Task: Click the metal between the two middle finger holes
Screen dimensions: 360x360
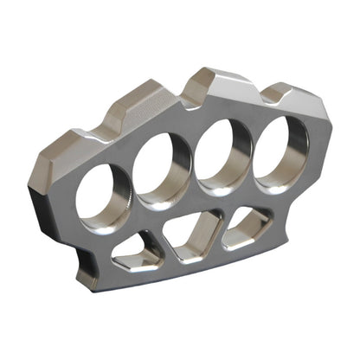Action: pos(190,164)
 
